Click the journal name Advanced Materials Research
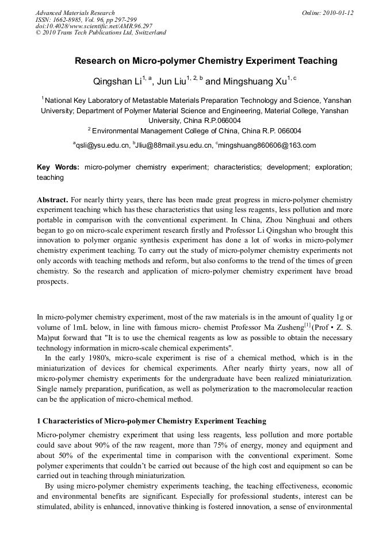tap(75, 13)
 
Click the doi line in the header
tap(94, 26)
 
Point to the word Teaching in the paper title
tap(316, 61)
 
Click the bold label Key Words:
tap(58, 167)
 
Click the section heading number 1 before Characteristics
tap(39, 421)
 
